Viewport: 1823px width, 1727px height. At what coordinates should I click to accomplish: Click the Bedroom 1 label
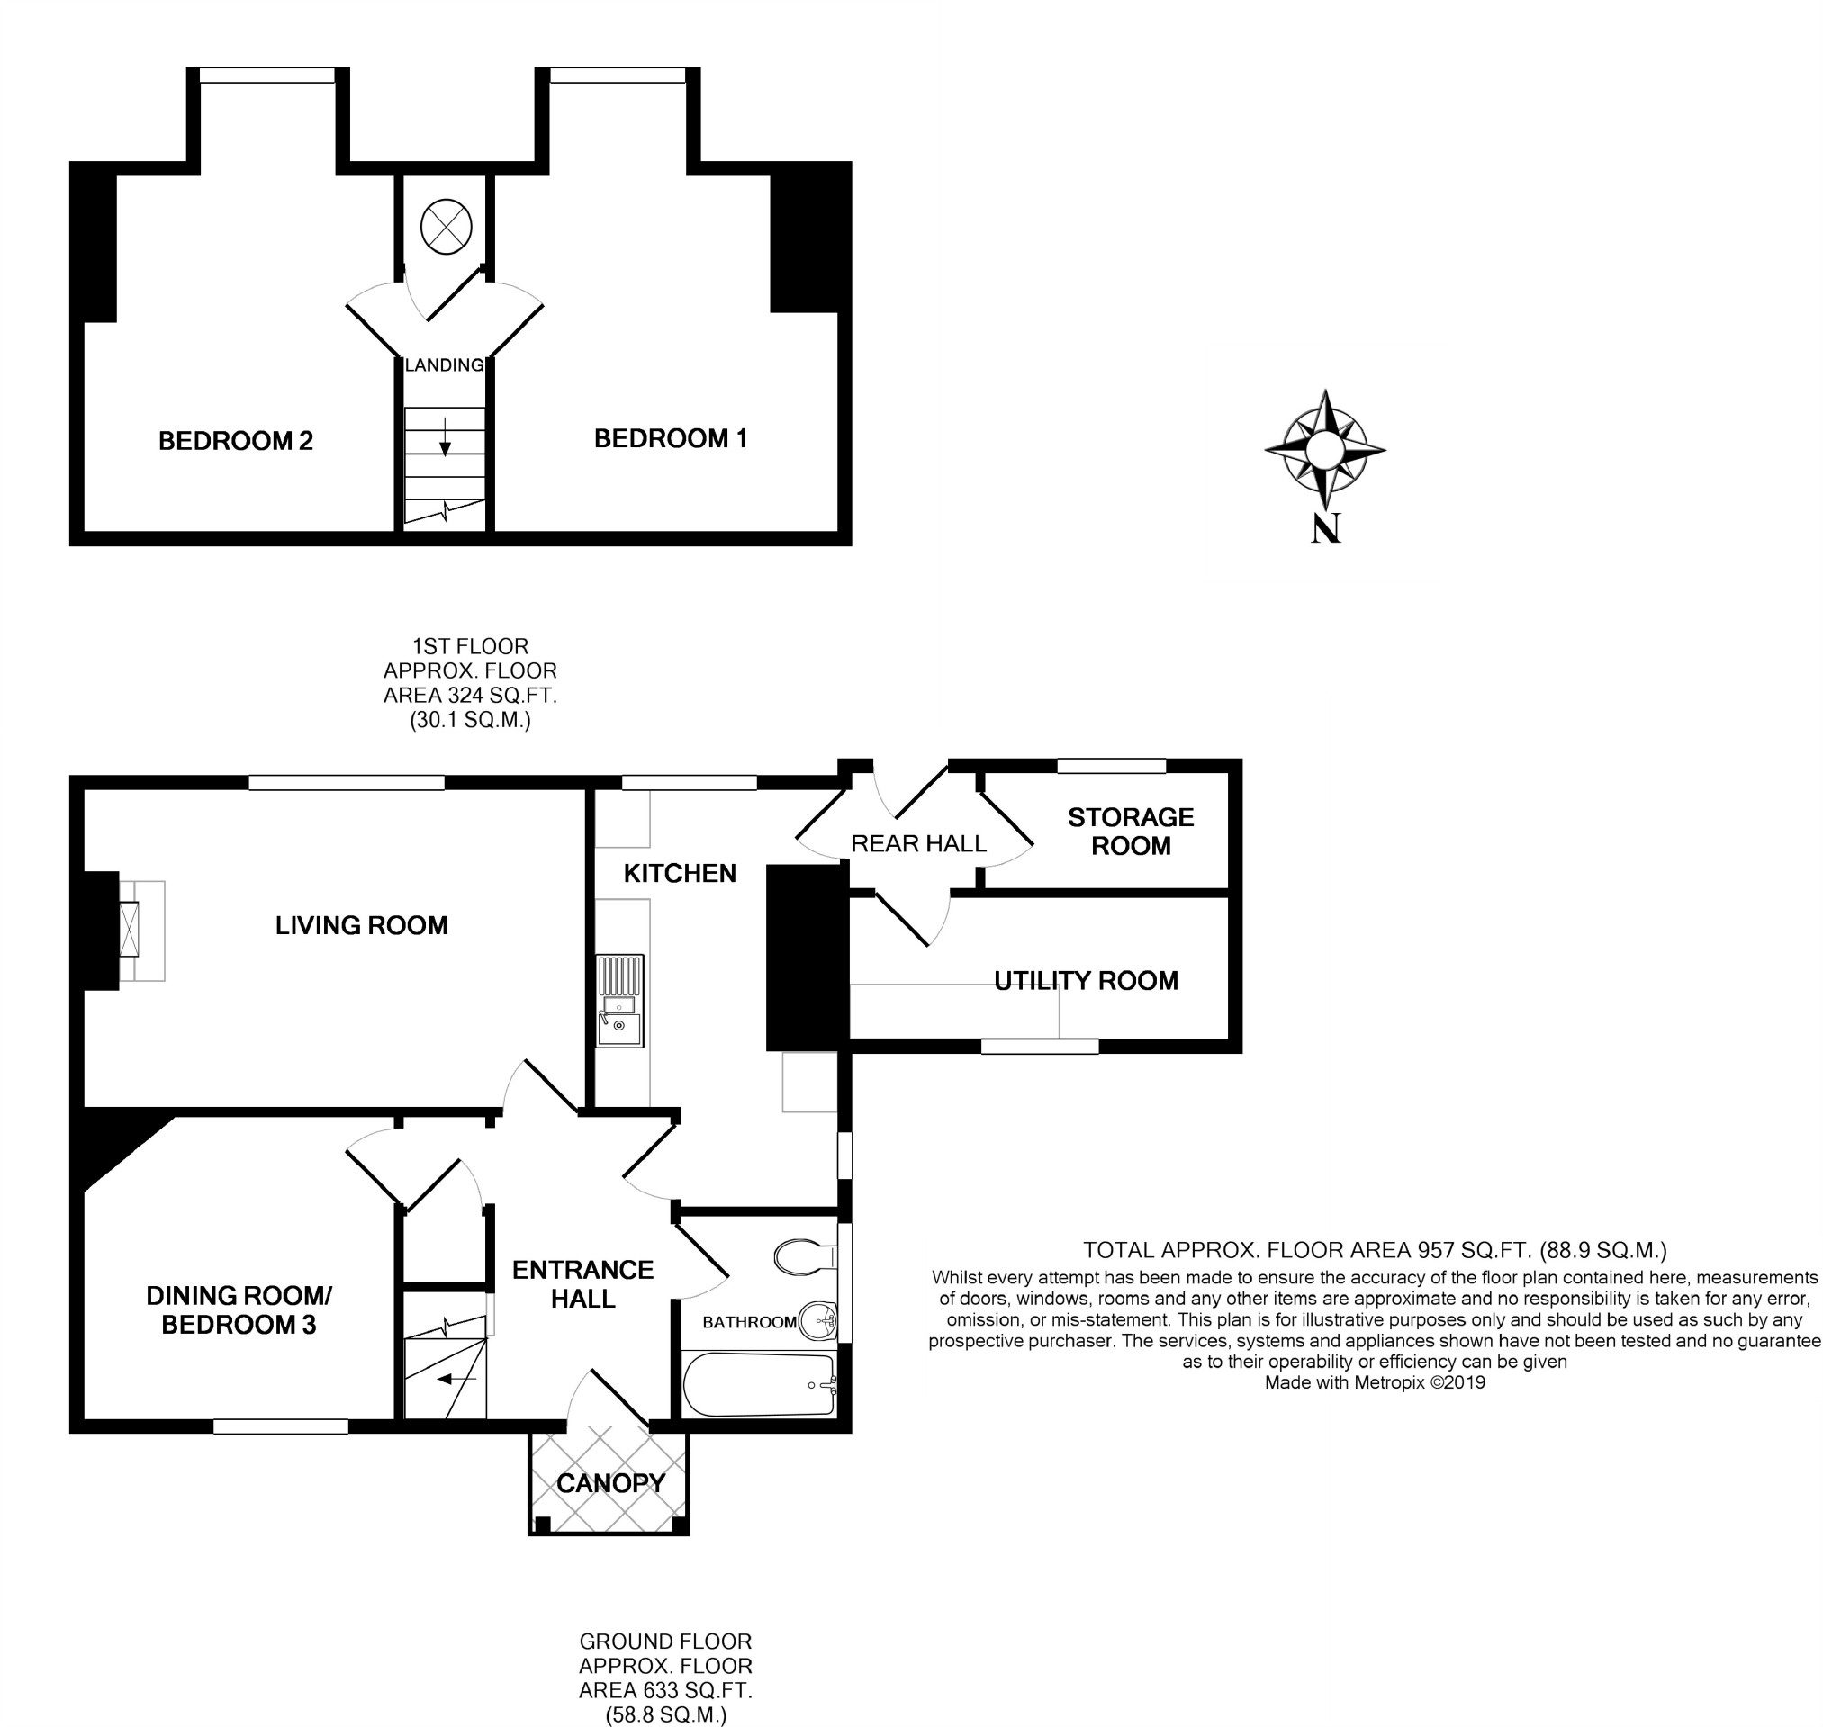(671, 438)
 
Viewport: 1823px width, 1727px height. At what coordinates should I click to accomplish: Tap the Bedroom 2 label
(236, 441)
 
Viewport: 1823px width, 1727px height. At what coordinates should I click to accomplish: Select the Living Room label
(361, 925)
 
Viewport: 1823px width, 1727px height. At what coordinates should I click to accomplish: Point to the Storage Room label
(1130, 832)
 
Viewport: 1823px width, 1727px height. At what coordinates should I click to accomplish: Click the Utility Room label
(1086, 980)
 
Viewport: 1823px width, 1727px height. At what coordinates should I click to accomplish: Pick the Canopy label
(610, 1483)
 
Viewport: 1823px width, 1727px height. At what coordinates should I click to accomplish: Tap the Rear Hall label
(918, 843)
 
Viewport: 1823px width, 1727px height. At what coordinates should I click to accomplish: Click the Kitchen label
(680, 873)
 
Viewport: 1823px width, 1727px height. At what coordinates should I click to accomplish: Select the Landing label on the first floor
(445, 364)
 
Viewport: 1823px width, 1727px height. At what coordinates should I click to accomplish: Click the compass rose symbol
(1325, 450)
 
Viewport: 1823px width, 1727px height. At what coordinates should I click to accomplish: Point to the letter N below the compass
(1325, 527)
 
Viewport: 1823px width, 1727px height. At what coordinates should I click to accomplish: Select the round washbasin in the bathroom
(817, 1322)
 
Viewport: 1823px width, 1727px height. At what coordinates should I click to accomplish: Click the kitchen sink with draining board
(619, 1001)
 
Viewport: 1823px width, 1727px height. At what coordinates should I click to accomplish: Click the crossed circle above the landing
(447, 227)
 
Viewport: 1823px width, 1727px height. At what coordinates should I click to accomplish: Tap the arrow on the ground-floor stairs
(456, 1379)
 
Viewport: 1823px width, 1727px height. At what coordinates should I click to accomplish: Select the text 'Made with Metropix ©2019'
(1375, 1381)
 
